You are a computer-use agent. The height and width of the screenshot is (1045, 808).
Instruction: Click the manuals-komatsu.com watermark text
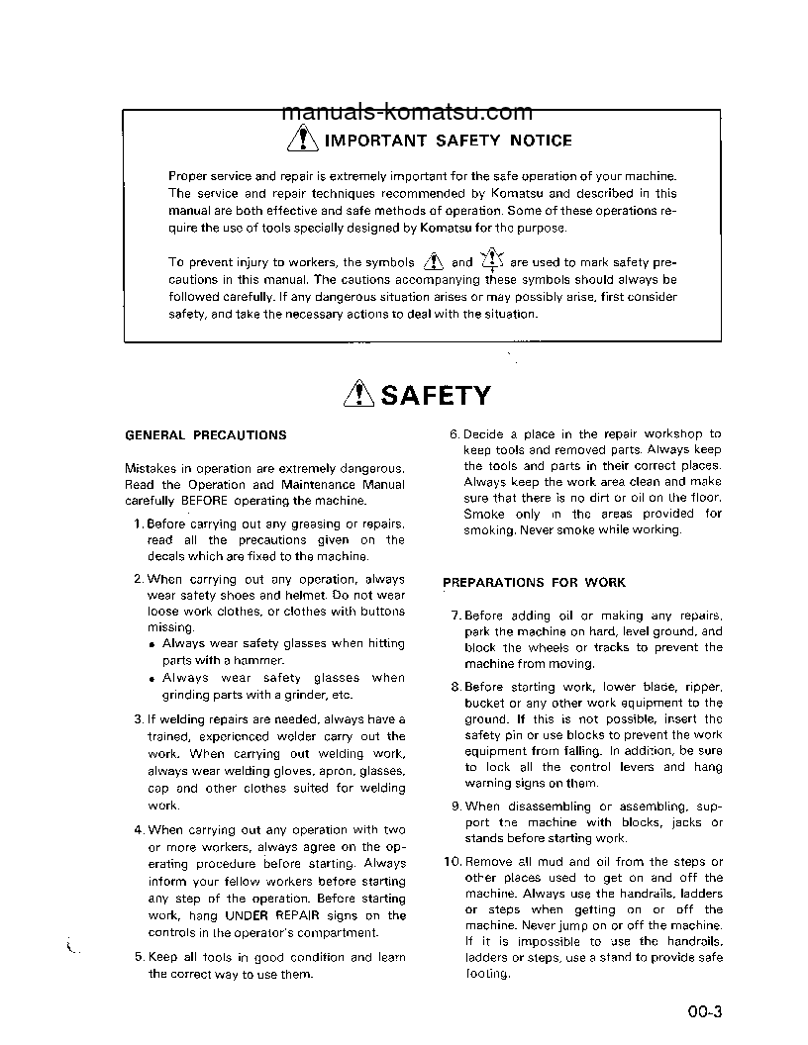click(407, 113)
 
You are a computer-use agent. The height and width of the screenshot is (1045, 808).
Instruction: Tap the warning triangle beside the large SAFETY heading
click(356, 395)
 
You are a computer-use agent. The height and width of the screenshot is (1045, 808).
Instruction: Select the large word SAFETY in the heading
click(436, 396)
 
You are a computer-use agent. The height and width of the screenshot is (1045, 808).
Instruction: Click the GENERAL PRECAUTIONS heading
click(206, 435)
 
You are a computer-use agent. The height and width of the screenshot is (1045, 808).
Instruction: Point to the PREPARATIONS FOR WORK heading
click(534, 583)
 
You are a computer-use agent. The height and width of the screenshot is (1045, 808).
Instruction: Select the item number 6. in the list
click(454, 434)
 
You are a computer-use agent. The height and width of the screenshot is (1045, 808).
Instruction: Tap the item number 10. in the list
click(452, 862)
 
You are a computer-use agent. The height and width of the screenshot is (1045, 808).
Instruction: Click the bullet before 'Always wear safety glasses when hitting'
click(152, 645)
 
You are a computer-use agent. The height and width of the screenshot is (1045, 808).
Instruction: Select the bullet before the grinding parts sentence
click(152, 680)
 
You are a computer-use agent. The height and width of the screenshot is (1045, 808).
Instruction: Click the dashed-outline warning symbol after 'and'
click(492, 261)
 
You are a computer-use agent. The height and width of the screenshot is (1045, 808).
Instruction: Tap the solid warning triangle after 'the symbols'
click(433, 262)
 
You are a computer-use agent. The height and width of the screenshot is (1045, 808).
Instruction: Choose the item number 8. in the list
click(455, 687)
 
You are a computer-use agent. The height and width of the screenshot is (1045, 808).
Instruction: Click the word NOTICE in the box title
click(541, 141)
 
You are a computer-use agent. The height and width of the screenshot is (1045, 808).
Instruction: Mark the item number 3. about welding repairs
click(139, 719)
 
